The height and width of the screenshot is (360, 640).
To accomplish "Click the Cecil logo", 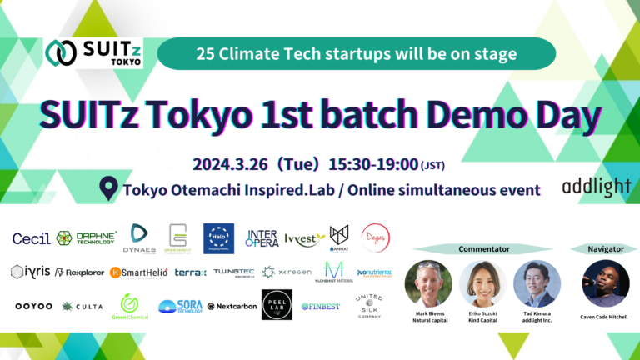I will tap(31, 238).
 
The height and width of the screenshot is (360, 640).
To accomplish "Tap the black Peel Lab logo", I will tap(277, 305).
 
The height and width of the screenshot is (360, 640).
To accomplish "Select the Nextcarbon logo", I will tap(232, 306).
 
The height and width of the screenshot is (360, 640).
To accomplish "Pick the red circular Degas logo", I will tap(376, 238).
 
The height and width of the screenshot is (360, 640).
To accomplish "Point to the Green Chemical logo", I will tap(130, 307).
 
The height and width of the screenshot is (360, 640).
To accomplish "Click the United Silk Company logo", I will tap(368, 305).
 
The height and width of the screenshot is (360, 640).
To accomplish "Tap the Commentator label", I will tap(484, 248).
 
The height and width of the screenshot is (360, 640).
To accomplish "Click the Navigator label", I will tap(593, 248).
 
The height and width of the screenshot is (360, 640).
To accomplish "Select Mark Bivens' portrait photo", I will tap(427, 282).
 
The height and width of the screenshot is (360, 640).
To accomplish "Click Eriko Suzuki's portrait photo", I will tap(482, 282).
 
